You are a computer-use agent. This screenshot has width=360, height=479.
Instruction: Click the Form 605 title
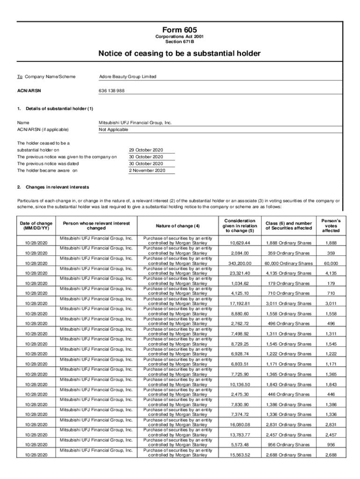point(180,29)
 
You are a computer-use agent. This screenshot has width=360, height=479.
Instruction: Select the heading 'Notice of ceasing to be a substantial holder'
point(180,53)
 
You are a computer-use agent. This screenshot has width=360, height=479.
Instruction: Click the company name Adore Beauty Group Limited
point(128,77)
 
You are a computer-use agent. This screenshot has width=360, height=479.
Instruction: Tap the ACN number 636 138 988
point(112,90)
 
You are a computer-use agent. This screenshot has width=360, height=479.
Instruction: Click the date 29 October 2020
point(146,150)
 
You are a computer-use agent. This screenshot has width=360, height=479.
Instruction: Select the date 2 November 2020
point(147,171)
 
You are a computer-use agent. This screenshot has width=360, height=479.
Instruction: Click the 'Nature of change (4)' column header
point(178,226)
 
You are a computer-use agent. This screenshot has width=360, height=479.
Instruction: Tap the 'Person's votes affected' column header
point(331,225)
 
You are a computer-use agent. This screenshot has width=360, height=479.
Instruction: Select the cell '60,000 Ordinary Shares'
point(288,263)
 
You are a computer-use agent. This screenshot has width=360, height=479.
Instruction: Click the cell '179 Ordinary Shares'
point(288,283)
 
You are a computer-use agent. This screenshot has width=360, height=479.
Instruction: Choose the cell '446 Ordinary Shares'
point(288,394)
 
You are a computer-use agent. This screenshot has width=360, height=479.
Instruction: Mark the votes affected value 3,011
point(331,304)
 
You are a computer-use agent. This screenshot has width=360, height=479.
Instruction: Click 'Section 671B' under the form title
point(180,41)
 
